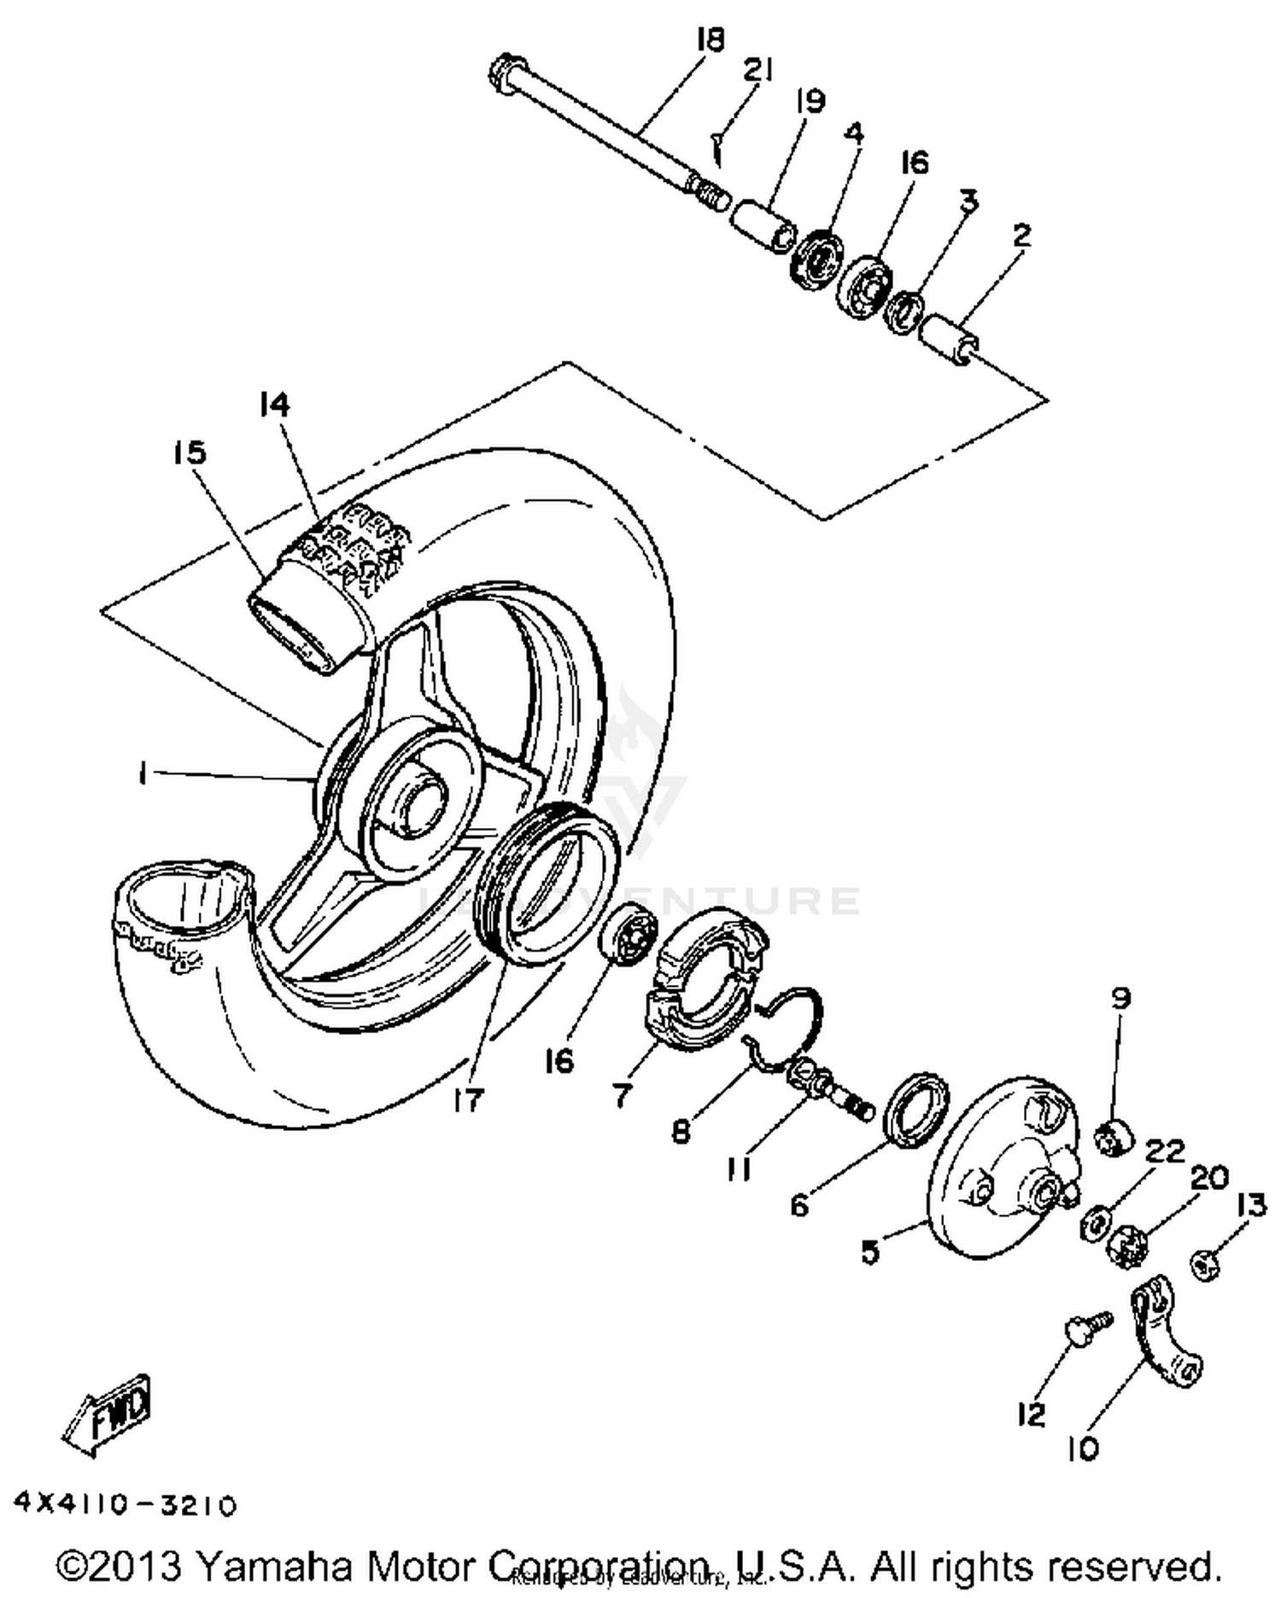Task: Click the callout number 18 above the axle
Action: click(710, 39)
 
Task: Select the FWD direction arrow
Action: click(108, 1410)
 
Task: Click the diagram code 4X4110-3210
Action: click(125, 1505)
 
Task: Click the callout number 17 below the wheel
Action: click(468, 1099)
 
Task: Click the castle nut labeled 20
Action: click(1126, 1247)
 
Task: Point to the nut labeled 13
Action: click(1205, 1263)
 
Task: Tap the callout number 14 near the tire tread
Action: click(275, 405)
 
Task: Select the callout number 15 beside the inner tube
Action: click(189, 452)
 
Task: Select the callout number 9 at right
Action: click(1120, 998)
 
